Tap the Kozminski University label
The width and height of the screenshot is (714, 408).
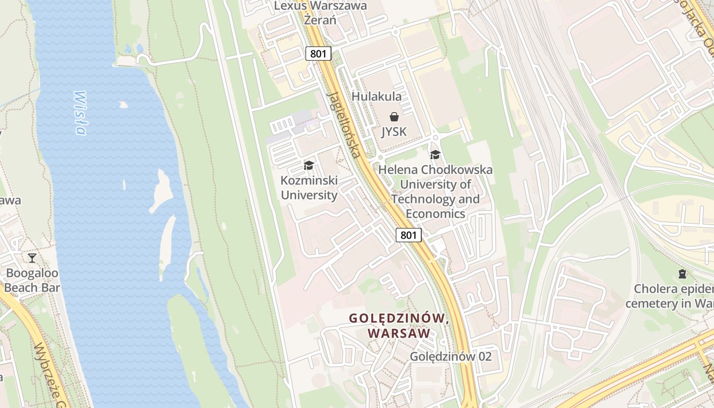click(x=309, y=188)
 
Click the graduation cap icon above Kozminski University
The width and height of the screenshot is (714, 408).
click(x=309, y=165)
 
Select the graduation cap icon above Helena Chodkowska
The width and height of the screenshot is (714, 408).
click(x=435, y=155)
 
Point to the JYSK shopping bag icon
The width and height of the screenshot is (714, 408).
click(x=394, y=117)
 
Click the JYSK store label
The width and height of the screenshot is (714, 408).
click(x=394, y=132)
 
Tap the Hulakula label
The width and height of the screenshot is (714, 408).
click(x=376, y=96)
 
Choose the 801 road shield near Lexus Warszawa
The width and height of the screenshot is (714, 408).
click(x=319, y=54)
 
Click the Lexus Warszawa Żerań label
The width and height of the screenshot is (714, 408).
click(x=320, y=13)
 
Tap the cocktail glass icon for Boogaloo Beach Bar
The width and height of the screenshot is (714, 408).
click(x=32, y=258)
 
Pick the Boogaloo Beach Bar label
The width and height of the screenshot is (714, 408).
click(x=32, y=280)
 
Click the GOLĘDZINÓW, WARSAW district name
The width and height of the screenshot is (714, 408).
click(x=398, y=325)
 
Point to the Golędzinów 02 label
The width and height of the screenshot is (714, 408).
click(x=451, y=356)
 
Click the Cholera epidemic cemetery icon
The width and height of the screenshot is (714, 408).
click(x=682, y=274)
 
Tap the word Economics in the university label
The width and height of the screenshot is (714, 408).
click(x=435, y=214)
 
